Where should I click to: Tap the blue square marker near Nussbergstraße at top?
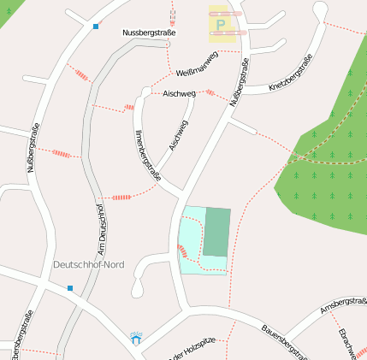[96, 27]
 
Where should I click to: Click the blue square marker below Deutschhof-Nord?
[70, 288]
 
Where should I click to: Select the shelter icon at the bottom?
[136, 339]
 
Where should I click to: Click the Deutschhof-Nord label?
[88, 265]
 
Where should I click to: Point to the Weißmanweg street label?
[197, 63]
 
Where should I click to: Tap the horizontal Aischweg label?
[179, 92]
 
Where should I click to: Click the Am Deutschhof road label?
[99, 229]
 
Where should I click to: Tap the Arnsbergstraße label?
[343, 304]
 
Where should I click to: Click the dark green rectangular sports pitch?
[216, 232]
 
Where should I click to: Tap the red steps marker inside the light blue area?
[181, 251]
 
